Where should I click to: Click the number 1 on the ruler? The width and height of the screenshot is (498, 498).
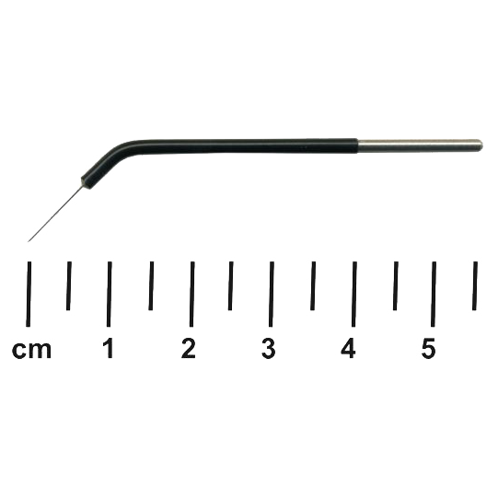pyautogui.click(x=109, y=348)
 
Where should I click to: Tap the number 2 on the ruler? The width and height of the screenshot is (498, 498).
pyautogui.click(x=189, y=348)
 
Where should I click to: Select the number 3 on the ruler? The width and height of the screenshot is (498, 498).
pyautogui.click(x=269, y=348)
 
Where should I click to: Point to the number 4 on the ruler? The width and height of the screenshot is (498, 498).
pyautogui.click(x=348, y=348)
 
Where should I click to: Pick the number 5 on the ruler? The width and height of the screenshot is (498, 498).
pyautogui.click(x=428, y=348)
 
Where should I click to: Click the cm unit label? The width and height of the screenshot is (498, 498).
pyautogui.click(x=31, y=350)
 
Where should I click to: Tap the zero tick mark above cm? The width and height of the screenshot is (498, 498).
pyautogui.click(x=29, y=294)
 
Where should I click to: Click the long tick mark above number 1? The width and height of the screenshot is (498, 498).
pyautogui.click(x=109, y=294)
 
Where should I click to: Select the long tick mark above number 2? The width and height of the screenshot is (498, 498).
pyautogui.click(x=191, y=294)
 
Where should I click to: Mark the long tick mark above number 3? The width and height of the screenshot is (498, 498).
pyautogui.click(x=272, y=294)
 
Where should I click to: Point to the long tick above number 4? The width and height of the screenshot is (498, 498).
pyautogui.click(x=354, y=294)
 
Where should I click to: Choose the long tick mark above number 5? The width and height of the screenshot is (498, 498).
pyautogui.click(x=434, y=294)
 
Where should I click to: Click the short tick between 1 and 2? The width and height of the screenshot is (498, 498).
pyautogui.click(x=151, y=285)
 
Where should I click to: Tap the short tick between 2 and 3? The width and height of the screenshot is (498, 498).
pyautogui.click(x=230, y=285)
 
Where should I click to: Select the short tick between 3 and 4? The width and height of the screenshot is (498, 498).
pyautogui.click(x=313, y=285)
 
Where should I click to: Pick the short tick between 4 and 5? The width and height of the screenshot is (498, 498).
pyautogui.click(x=396, y=285)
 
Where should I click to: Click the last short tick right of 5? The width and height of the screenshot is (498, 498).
pyautogui.click(x=475, y=285)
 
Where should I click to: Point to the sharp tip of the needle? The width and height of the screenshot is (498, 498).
pyautogui.click(x=29, y=242)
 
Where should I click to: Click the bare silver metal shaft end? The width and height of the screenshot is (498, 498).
pyautogui.click(x=420, y=145)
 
